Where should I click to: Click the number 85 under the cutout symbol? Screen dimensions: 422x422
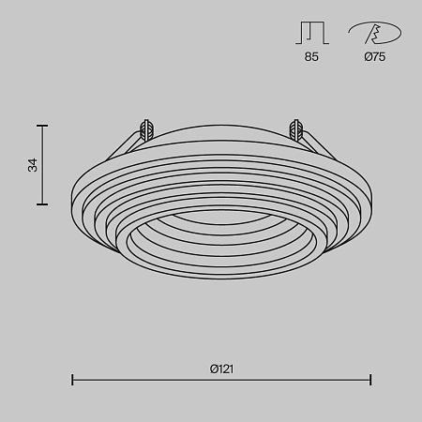coord(311,57)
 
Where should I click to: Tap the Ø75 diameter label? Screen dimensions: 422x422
coord(373,57)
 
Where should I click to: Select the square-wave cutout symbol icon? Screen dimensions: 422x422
coord(311,33)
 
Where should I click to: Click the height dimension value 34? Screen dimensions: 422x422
coord(33,164)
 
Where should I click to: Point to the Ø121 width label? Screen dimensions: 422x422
coord(221,369)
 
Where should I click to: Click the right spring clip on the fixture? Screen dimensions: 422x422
coord(297,129)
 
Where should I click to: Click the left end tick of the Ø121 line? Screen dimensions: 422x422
coord(73,380)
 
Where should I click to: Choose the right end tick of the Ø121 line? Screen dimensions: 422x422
coord(370,380)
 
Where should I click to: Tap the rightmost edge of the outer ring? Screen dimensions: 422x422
coord(370,191)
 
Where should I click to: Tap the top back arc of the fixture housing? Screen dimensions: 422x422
coord(221,123)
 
